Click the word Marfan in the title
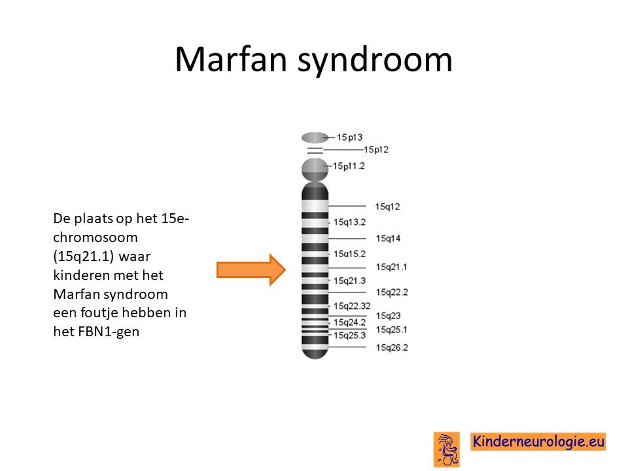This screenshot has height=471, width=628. pos(231,60)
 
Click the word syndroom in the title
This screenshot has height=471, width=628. pos(375,60)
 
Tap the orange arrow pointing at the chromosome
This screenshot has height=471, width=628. pos(251,270)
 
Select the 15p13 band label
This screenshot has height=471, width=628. pos(349,137)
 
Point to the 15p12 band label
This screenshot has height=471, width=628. pos(375,149)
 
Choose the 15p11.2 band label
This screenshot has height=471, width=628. pos(349,166)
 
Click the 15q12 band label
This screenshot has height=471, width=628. pos(387,206)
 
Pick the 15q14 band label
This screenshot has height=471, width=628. pos(388,238)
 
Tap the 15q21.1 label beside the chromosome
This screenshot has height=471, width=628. pos(391,267)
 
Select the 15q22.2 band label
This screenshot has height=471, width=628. pos(392,292)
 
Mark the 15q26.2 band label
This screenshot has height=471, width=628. pos(392,347)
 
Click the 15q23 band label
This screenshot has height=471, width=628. pos(388,315)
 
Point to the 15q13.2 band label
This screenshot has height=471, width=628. pos(349,222)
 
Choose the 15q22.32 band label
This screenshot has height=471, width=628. pos(352,306)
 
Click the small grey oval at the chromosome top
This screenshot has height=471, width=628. pos(315,138)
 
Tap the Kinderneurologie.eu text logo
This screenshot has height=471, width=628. pos(538,442)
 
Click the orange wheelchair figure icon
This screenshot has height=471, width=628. pos(447,449)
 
